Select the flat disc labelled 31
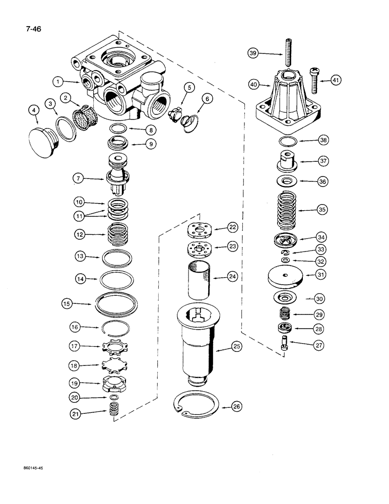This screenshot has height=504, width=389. (x=285, y=275)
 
